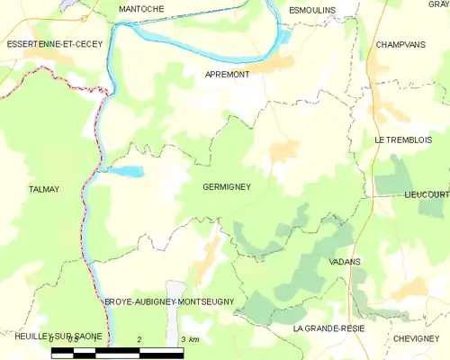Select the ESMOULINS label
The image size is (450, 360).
click(x=312, y=9)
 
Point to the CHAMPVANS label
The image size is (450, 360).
click(x=400, y=43)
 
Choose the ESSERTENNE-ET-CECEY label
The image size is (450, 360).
click(x=53, y=43)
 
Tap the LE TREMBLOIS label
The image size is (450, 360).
click(x=403, y=139)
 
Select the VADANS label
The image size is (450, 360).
click(x=346, y=261)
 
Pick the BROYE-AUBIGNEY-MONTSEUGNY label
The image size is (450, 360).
click(x=169, y=301)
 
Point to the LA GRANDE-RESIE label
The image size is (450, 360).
click(x=328, y=329)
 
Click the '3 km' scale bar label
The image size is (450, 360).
click(x=189, y=339)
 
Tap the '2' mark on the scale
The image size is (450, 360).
click(x=139, y=339)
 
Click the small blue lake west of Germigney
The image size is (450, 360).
click(x=127, y=171)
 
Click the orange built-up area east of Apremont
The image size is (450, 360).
click(x=274, y=65)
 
